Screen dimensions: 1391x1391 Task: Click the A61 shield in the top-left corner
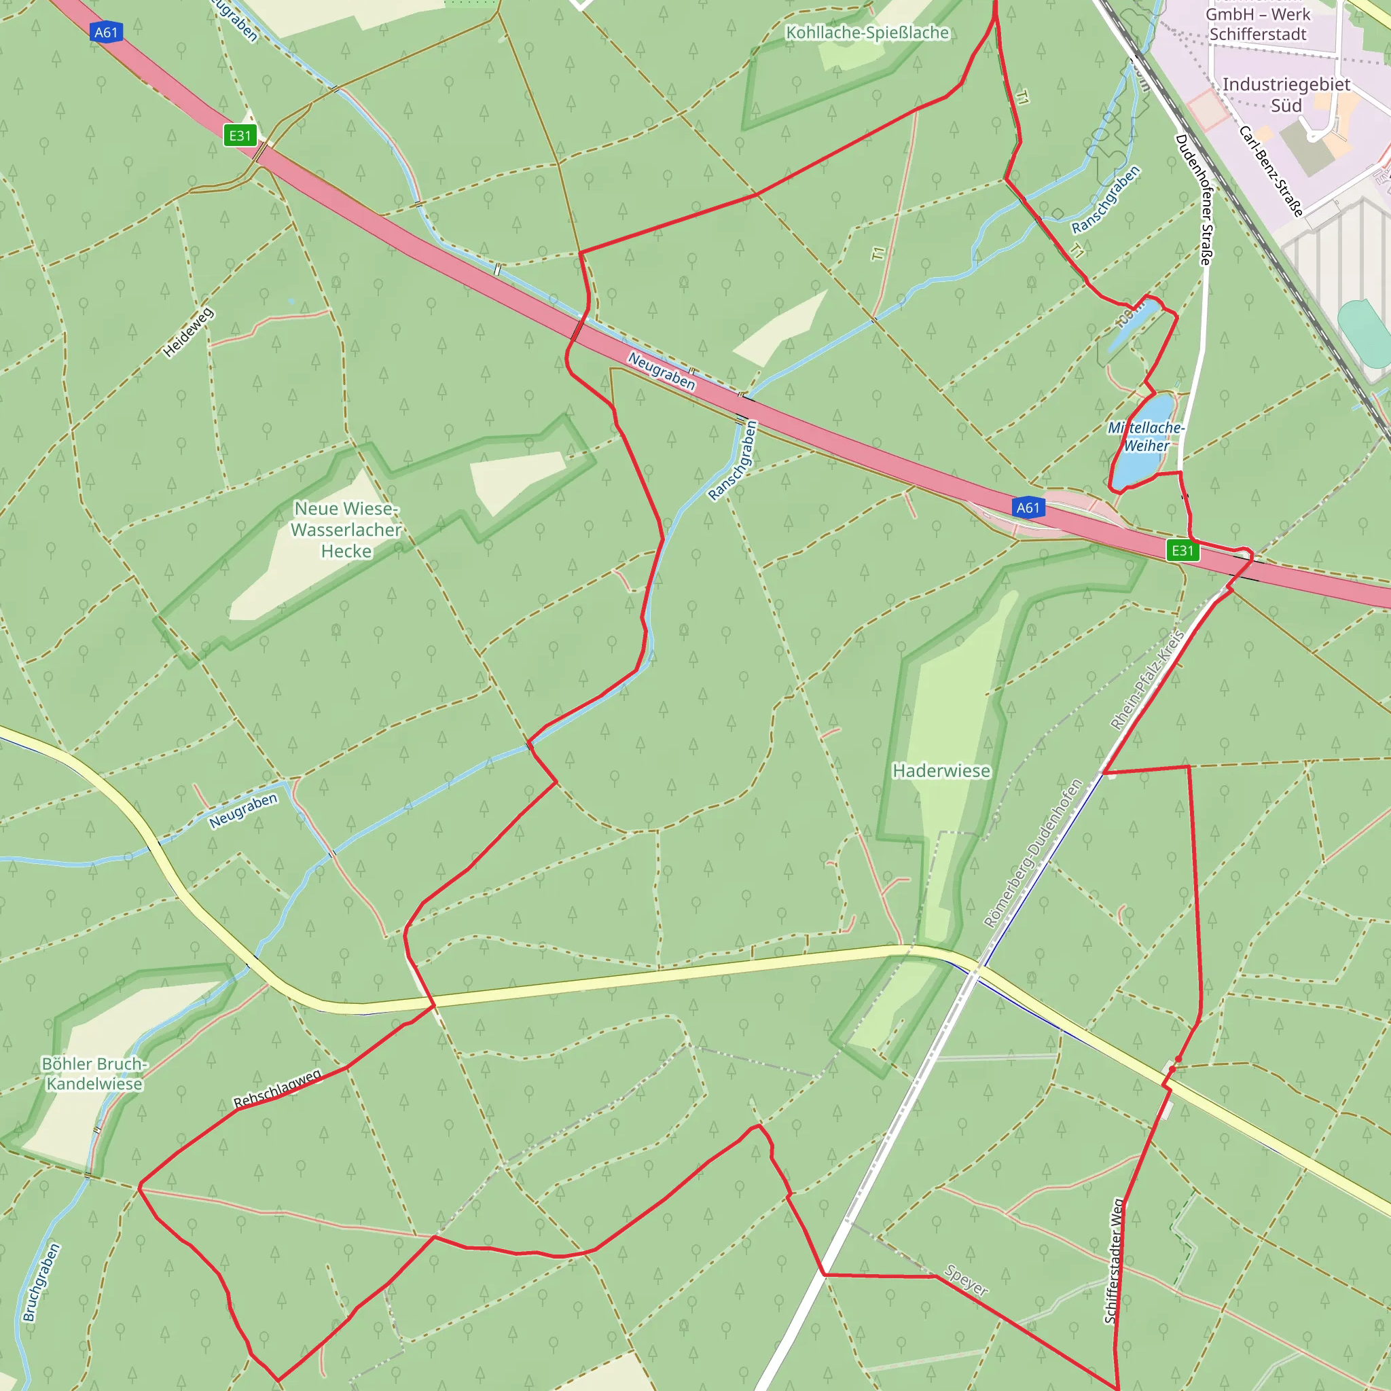click(x=106, y=33)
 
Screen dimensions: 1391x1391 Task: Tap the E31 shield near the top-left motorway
click(x=240, y=135)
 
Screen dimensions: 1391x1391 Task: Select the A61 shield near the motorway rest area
click(x=1028, y=507)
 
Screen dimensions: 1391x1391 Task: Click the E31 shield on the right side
click(x=1182, y=551)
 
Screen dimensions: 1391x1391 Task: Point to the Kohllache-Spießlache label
click(x=867, y=33)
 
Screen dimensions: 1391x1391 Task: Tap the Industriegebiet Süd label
click(x=1286, y=95)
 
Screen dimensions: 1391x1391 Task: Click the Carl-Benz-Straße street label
click(x=1271, y=171)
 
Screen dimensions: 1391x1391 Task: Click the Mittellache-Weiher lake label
click(x=1146, y=437)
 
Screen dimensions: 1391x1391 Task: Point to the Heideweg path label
click(x=188, y=333)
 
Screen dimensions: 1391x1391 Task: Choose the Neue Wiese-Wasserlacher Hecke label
click(x=346, y=530)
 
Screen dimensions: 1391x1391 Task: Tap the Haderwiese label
click(x=941, y=771)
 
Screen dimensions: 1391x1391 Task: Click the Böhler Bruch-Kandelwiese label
click(x=94, y=1074)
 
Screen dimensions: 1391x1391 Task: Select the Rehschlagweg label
click(x=277, y=1089)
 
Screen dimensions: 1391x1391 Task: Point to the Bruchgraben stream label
click(x=41, y=1283)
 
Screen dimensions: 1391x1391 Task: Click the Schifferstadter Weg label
click(x=1113, y=1261)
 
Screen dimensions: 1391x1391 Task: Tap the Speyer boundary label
click(x=967, y=1280)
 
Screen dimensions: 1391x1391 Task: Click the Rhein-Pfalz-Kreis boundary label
click(x=1147, y=681)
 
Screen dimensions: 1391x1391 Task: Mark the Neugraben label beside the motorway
click(x=662, y=371)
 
